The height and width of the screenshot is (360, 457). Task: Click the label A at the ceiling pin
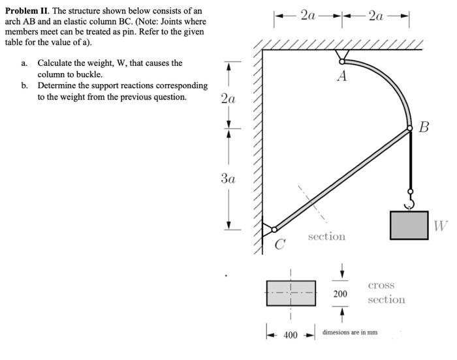[x=341, y=77]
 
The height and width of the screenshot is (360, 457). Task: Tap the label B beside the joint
[x=424, y=127]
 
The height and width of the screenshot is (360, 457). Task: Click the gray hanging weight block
[x=409, y=225]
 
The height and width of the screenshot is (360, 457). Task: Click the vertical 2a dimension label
[x=228, y=99]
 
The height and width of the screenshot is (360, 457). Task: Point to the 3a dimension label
[x=228, y=177]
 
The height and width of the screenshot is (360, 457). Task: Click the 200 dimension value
[x=340, y=294]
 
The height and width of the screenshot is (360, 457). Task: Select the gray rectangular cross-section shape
[x=291, y=293]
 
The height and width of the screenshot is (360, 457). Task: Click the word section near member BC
[x=326, y=236]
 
